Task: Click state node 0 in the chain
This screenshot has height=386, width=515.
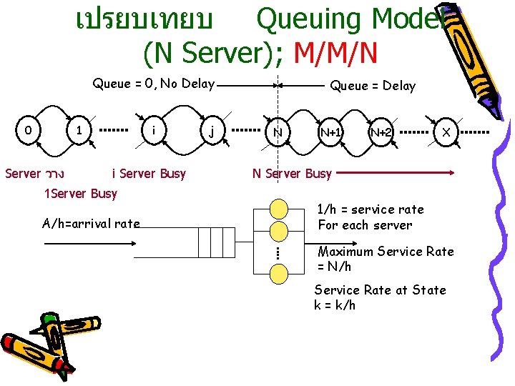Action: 27,132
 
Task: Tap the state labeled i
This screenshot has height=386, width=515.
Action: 154,132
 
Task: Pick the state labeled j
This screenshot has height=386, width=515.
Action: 211,132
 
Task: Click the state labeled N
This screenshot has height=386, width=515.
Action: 277,132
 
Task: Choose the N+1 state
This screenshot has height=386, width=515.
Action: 330,132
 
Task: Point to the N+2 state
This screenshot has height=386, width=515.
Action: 381,132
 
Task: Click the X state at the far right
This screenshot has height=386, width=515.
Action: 446,132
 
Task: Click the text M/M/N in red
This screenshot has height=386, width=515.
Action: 335,51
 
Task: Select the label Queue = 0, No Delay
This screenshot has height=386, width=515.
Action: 154,84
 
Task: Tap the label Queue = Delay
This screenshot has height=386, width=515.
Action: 372,86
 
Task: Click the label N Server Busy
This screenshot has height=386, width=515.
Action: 292,174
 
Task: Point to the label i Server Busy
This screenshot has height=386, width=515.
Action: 149,174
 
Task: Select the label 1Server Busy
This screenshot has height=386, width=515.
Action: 80,194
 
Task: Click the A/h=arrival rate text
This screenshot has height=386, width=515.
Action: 91,224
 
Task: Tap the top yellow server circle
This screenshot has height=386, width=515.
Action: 278,210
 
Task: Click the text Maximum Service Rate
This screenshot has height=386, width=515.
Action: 386,252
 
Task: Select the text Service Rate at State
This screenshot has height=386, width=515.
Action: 380,290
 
